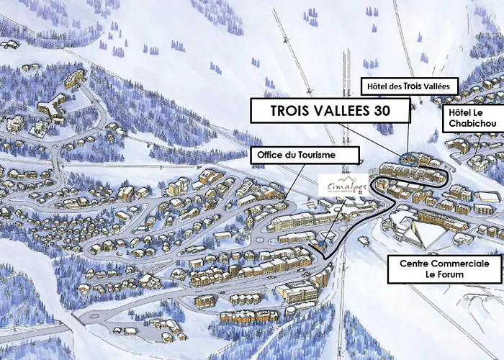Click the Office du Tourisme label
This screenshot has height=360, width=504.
tap(295, 154)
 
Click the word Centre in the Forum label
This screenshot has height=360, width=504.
tap(415, 264)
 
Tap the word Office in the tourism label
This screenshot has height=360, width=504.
tap(271, 154)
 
